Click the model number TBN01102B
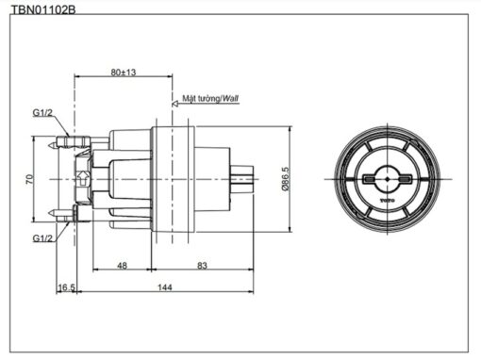[x=43, y=9]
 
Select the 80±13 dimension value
[x=124, y=73]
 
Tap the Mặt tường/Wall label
[x=210, y=98]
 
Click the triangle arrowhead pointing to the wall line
[x=175, y=104]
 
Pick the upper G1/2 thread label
[x=42, y=113]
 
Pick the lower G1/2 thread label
[x=42, y=238]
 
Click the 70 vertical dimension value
[x=29, y=179]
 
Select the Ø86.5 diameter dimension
[x=285, y=179]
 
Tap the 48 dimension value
[x=122, y=266]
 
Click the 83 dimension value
[x=202, y=266]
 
